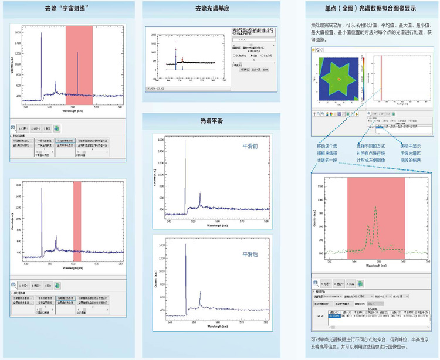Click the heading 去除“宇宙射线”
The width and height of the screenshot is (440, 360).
(70, 9)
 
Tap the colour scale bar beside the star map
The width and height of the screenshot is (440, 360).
(362, 79)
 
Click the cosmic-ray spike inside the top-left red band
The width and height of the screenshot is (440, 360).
(78, 73)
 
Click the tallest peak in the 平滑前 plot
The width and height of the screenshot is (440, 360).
(185, 176)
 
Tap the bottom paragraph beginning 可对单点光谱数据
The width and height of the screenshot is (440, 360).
(371, 342)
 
